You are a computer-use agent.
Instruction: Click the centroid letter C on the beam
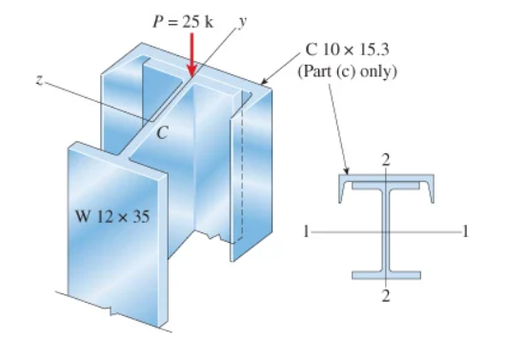162,132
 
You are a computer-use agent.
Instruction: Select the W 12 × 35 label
112,216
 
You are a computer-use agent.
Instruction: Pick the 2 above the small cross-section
385,160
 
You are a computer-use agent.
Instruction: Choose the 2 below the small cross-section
386,297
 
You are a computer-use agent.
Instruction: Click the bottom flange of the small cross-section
386,274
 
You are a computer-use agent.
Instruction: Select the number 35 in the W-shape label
140,216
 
